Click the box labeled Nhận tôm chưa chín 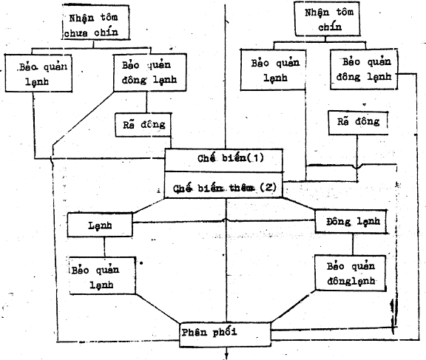coord(95,22)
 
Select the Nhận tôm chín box coord(328,19)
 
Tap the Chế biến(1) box coord(224,160)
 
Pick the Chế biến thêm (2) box coord(224,185)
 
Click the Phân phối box coord(226,334)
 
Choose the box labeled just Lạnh coord(100,225)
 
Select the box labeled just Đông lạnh coord(351,221)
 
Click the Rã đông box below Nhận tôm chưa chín coord(143,125)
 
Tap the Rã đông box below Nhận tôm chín coord(358,123)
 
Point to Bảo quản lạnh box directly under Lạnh coord(102,276)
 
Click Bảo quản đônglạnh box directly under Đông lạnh coord(351,273)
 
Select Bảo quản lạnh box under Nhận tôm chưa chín coord(38,73)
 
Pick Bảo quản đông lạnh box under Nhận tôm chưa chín coord(149,72)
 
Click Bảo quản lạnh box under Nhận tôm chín coord(274,69)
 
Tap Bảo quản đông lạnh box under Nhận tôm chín coord(364,69)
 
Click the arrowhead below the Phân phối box coord(226,356)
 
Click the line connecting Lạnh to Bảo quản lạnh coord(104,247)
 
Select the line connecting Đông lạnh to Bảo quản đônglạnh coord(353,244)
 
